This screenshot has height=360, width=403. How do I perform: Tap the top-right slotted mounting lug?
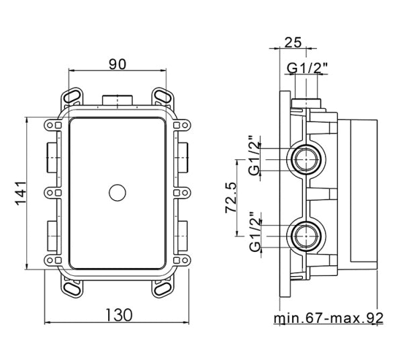(x=162, y=96)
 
